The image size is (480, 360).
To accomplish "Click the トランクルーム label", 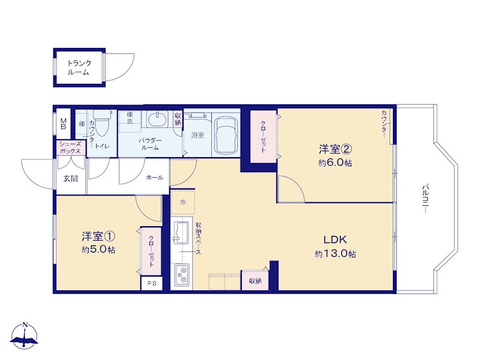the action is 79,68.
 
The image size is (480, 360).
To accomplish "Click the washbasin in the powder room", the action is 157,119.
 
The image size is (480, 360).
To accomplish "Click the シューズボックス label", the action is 70,148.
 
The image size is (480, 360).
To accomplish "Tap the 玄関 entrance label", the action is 71,178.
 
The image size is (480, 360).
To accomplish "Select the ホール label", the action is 155,177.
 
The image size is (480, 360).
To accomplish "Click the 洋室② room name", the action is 335,149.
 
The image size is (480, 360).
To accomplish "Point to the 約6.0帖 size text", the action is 335,163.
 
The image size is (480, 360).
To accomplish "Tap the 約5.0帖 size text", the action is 98,250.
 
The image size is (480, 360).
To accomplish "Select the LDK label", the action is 335,239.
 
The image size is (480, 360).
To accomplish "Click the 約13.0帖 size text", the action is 335,254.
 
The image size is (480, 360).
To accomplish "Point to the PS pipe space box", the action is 152,283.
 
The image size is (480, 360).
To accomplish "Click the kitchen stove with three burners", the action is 181,275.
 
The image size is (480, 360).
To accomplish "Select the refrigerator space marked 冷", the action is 183,202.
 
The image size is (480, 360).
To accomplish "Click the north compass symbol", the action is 24,335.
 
